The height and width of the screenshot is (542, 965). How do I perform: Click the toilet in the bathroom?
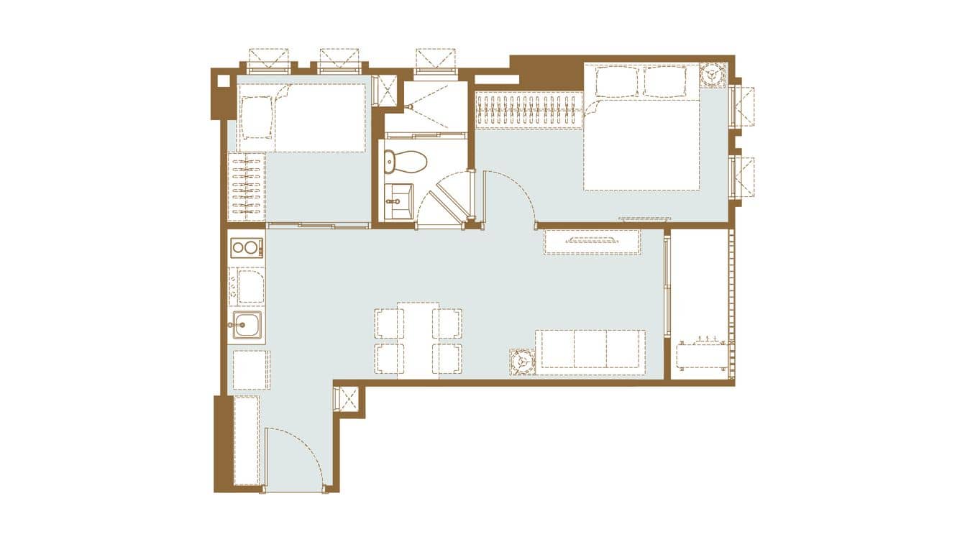(404, 162)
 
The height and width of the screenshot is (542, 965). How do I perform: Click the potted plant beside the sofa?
(522, 361)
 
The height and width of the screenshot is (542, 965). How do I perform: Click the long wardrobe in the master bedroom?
(529, 110)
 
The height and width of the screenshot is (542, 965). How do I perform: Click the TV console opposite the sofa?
(592, 242)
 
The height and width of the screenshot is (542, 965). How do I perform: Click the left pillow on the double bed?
(616, 82)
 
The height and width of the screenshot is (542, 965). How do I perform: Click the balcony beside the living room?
(701, 302)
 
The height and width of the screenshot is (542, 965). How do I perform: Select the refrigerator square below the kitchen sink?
(250, 370)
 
